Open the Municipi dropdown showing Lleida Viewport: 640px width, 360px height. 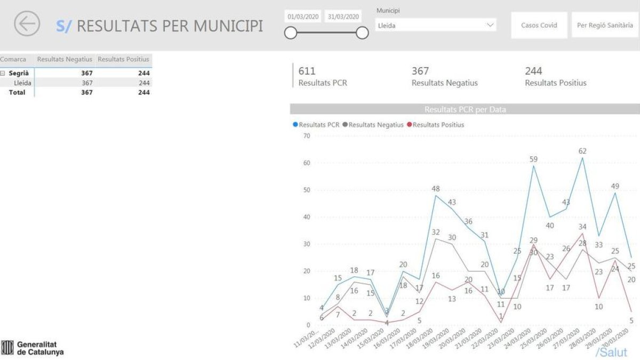point(436,25)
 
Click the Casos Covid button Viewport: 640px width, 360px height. point(539,25)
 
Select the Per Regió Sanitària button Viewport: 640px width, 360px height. point(605,25)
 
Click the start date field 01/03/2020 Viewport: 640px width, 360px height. point(303,17)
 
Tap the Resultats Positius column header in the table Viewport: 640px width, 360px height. point(124,59)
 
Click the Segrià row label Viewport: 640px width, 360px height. point(19,74)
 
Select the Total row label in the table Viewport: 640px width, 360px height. point(17,92)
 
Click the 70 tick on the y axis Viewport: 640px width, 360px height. point(307,136)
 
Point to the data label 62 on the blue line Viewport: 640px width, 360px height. point(582,151)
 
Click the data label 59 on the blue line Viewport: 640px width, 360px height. point(533,159)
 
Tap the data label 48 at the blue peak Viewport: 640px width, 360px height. point(436,189)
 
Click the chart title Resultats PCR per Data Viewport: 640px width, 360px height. point(465,109)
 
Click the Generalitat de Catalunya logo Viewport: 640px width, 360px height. point(33,348)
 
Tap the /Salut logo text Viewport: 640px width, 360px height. point(611,353)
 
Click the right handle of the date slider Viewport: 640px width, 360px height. point(362,34)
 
